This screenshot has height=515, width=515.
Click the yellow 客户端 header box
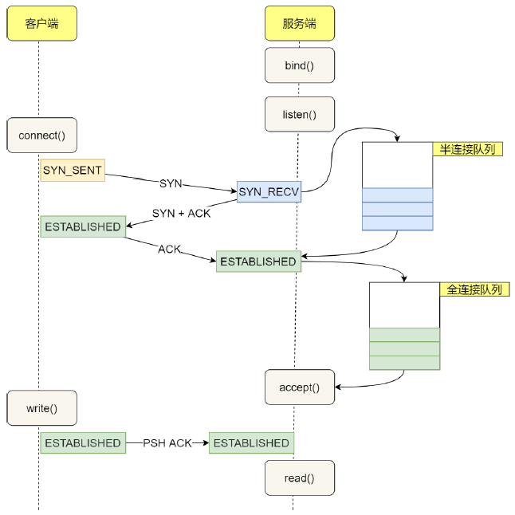tap(41, 23)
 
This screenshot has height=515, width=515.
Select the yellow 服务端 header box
tap(300, 23)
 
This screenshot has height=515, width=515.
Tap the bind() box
tap(300, 65)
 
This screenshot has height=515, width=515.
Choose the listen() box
tap(300, 114)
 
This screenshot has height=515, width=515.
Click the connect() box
tap(41, 136)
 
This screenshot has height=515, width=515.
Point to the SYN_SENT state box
tap(73, 170)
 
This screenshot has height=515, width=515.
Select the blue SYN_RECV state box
tap(269, 191)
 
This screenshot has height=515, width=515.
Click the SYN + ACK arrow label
tap(181, 214)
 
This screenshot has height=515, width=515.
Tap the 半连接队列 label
tap(468, 149)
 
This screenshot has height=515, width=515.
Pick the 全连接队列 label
tap(474, 289)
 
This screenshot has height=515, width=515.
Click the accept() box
tap(300, 387)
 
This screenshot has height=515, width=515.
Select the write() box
tap(41, 408)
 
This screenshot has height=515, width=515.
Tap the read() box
tap(300, 478)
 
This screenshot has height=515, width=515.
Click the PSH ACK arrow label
tap(167, 443)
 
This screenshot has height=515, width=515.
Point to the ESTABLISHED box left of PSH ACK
tap(83, 443)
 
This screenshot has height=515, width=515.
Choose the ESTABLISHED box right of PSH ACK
tap(252, 443)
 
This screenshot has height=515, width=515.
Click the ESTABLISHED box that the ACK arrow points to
tap(258, 261)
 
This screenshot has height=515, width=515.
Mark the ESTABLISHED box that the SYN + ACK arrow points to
tap(83, 226)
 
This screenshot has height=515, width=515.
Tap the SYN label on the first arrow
tap(171, 183)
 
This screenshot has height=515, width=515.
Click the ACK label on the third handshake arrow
tap(170, 250)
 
